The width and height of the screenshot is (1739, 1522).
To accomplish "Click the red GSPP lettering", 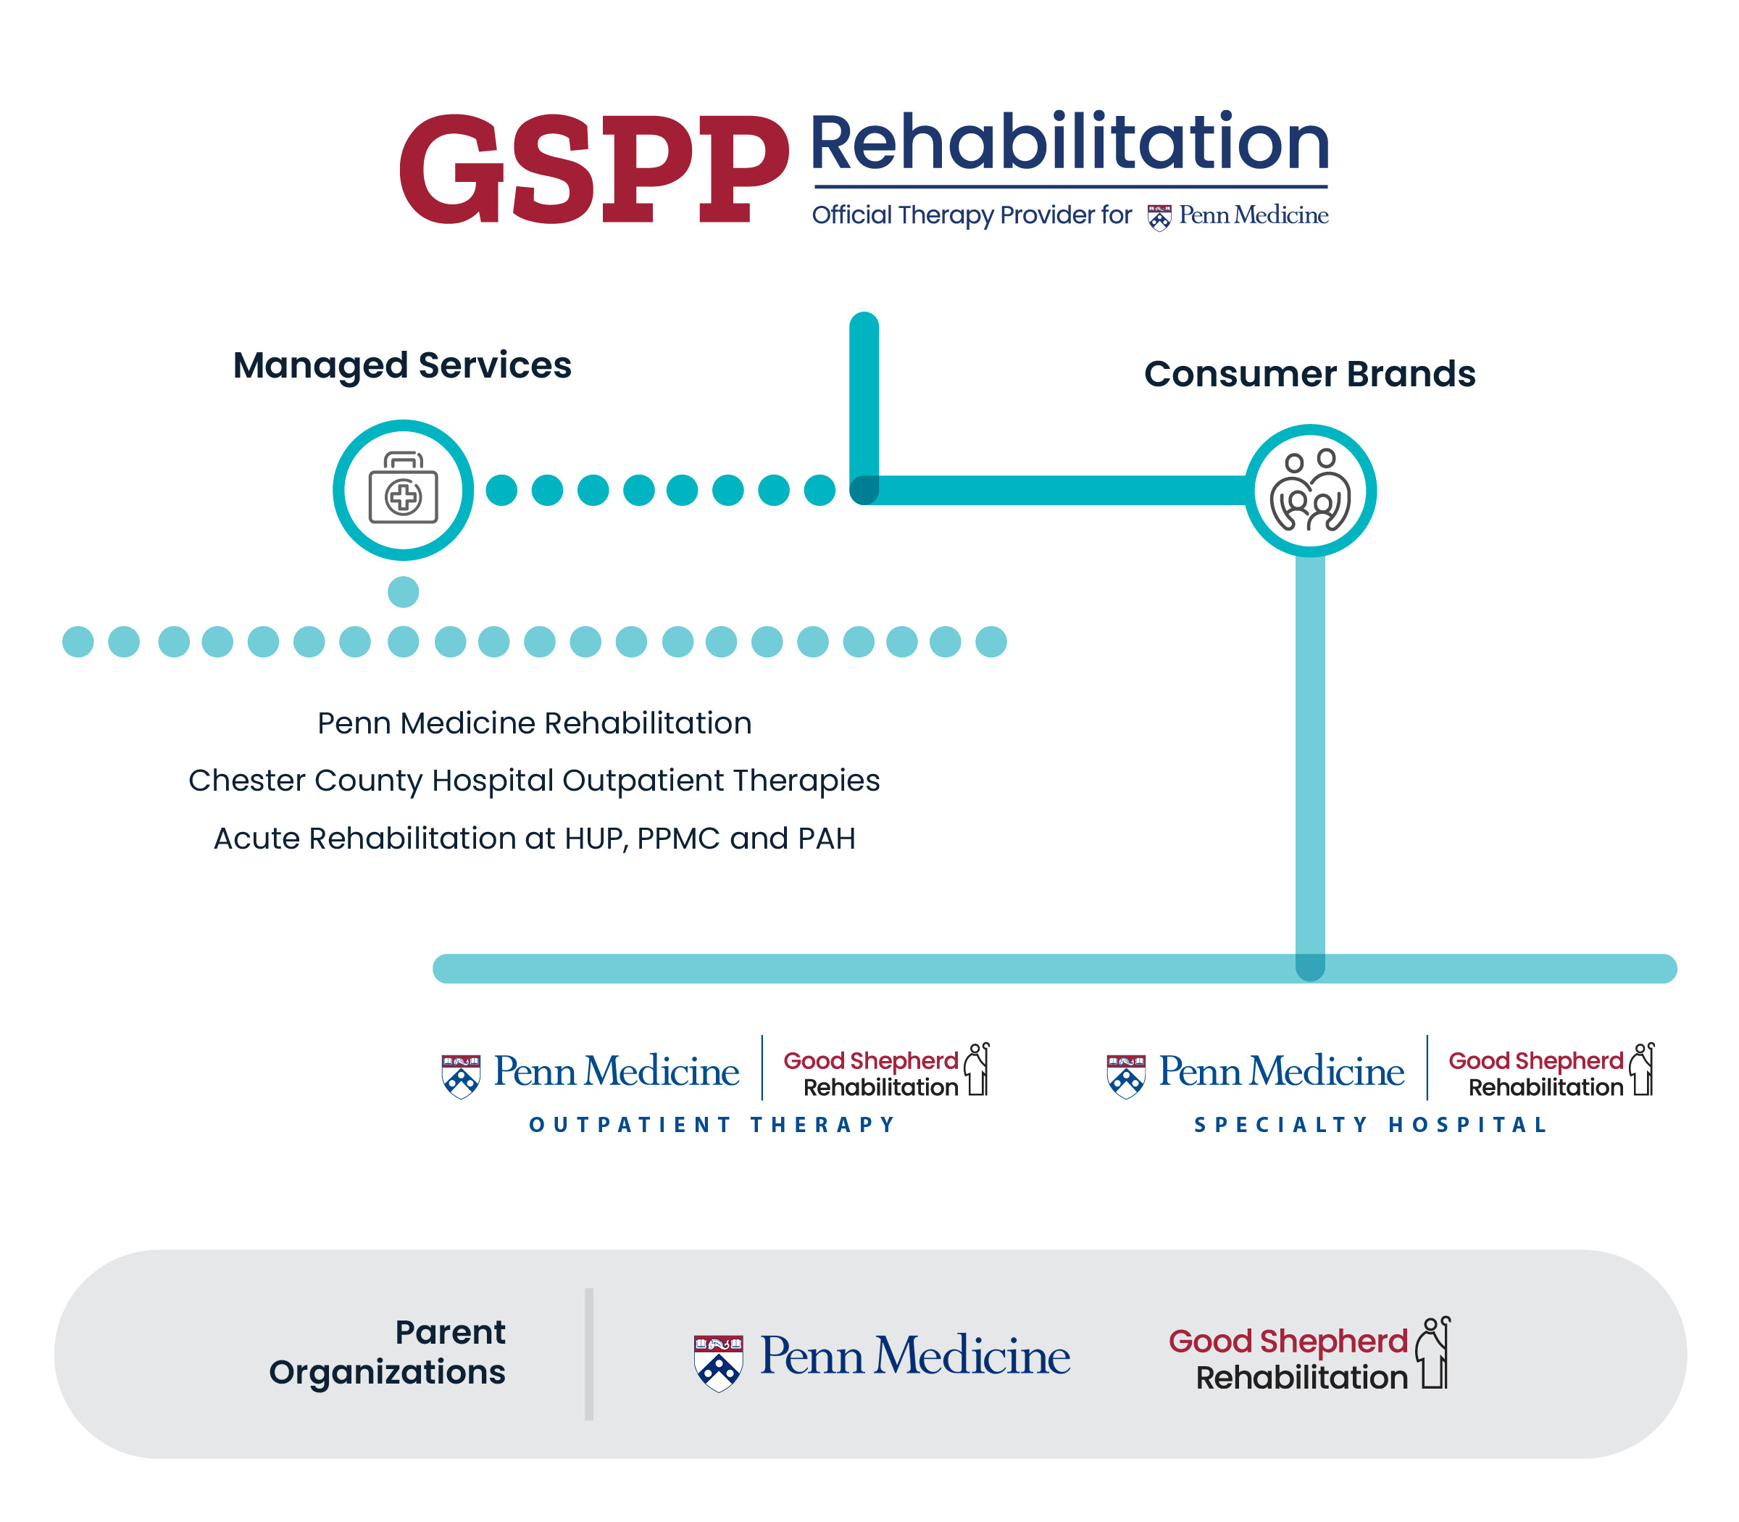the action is [x=594, y=169].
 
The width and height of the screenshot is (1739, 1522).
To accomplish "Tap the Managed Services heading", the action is [x=402, y=366].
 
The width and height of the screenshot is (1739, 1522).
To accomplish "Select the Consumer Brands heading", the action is [x=1309, y=374].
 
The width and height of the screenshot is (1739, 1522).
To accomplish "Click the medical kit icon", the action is [x=404, y=488].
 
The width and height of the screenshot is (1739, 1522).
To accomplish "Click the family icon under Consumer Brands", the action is [x=1309, y=491].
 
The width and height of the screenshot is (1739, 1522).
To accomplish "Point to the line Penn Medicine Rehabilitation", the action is [x=534, y=723].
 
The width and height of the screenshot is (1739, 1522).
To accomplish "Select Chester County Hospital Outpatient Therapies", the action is [x=534, y=781].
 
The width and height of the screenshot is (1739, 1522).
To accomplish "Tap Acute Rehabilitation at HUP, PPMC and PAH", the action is [x=534, y=839].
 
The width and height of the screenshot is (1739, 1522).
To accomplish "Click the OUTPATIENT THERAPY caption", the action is [x=712, y=1126].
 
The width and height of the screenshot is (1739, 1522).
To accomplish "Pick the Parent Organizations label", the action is [x=387, y=1352].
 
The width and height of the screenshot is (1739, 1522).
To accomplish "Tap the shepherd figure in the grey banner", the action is [x=1435, y=1353].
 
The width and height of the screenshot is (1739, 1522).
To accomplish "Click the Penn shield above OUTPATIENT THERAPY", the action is [x=461, y=1076].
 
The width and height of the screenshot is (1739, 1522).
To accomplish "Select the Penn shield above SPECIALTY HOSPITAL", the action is [x=1126, y=1076].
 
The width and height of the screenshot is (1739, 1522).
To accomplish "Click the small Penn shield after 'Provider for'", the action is [x=1159, y=217].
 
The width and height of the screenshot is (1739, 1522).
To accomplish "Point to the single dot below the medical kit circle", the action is [x=404, y=592].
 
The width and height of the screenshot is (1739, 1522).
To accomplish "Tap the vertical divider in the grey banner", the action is [x=588, y=1354].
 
